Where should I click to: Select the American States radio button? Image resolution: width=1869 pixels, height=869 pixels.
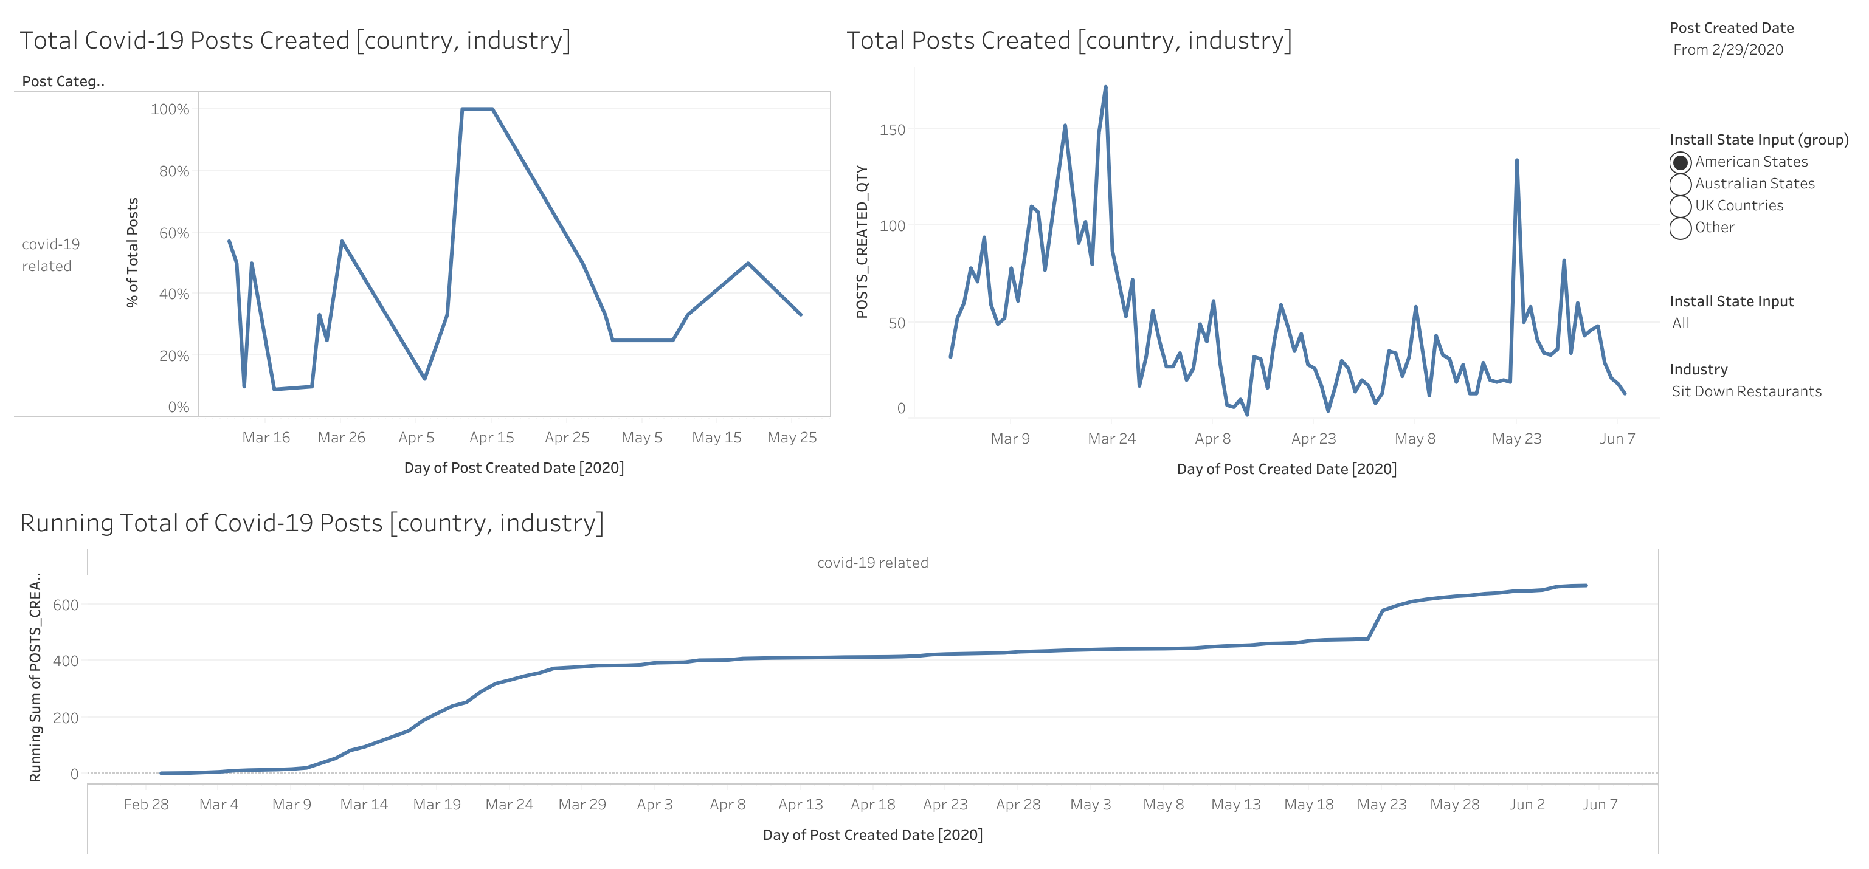1681,162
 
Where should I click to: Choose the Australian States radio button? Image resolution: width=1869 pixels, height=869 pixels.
1681,184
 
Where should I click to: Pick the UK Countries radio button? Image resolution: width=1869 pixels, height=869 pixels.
1681,206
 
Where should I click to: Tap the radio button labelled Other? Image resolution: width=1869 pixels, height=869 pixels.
1681,228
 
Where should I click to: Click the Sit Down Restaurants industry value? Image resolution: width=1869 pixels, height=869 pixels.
1746,392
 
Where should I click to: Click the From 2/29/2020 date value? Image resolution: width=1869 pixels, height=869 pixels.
1727,50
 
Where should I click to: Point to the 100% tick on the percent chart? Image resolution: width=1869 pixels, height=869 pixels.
170,109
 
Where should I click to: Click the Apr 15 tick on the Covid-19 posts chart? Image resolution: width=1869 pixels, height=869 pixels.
491,438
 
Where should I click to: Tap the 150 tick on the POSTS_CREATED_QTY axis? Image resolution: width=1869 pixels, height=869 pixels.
893,130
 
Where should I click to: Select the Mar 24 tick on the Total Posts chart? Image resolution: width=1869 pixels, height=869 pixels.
1111,439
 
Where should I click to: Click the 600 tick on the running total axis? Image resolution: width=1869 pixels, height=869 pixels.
65,605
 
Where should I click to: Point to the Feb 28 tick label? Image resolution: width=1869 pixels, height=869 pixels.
146,805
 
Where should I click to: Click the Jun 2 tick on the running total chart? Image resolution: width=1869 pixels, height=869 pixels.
1527,805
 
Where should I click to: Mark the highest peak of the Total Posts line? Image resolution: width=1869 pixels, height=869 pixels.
1105,87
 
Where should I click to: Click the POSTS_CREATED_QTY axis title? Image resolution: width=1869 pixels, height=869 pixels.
862,241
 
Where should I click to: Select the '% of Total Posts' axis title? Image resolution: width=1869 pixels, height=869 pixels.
132,252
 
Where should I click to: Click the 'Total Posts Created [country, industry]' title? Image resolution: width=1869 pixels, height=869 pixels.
1069,41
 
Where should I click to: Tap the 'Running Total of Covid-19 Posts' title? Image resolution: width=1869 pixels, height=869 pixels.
312,523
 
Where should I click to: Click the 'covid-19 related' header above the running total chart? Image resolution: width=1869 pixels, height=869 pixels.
872,563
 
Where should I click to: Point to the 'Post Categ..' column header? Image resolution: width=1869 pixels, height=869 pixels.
63,81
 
